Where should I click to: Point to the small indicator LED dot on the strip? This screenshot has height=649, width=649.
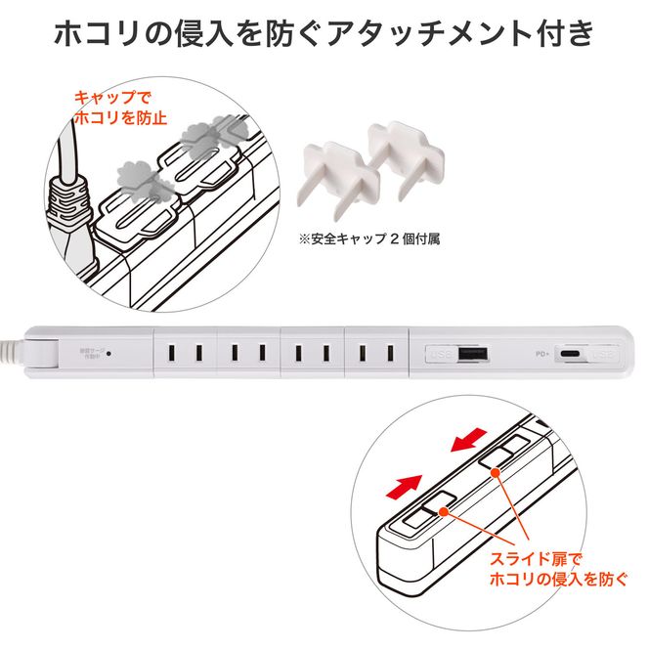(108, 352)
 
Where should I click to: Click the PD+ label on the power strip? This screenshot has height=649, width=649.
(543, 354)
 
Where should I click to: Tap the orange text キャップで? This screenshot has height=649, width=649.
(107, 99)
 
